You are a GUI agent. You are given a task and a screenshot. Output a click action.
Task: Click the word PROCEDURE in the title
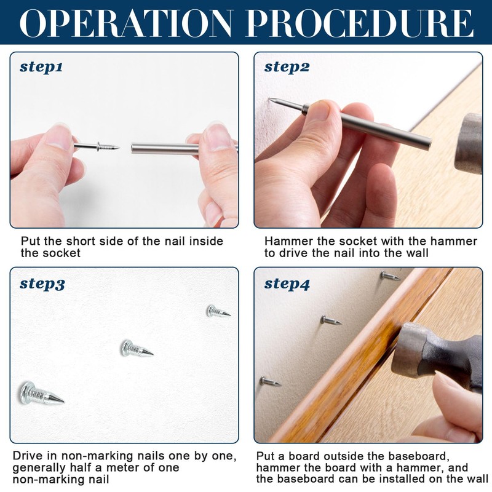[x=360, y=23]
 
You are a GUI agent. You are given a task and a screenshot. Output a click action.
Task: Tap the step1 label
[x=41, y=67]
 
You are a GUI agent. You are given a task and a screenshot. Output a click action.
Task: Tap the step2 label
[x=287, y=67]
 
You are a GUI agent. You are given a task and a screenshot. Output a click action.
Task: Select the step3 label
[x=42, y=284]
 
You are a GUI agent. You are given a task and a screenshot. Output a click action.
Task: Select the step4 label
[x=287, y=284]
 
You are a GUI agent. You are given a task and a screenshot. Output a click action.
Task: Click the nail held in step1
[x=97, y=146]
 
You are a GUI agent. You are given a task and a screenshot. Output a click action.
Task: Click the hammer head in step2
[x=469, y=144]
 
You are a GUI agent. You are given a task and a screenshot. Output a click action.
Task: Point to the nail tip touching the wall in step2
[x=269, y=100]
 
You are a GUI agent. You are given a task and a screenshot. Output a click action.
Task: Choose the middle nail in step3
[x=137, y=348]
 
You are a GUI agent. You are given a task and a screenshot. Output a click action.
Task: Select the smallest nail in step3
[x=218, y=311]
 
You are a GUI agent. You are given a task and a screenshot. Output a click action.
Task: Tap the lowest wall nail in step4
[x=270, y=381]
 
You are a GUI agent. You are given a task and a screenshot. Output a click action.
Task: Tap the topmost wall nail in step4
[x=390, y=276]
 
